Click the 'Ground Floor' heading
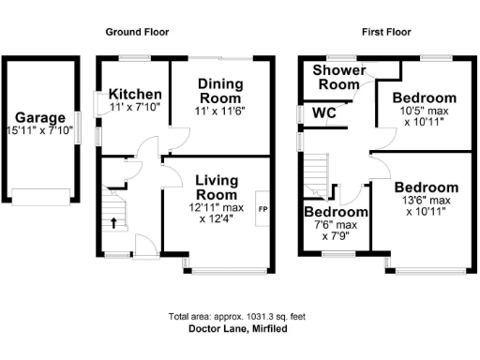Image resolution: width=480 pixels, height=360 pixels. click(136, 32)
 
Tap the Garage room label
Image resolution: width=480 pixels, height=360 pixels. click(39, 118)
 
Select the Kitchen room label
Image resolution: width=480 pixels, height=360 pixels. click(136, 95)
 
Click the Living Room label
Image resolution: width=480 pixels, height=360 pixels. click(217, 187)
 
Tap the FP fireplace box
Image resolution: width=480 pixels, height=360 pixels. click(262, 209)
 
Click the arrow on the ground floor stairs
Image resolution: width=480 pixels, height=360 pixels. click(115, 222)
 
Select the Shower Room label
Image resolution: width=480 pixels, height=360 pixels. click(338, 78)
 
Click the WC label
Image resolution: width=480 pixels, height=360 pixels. click(324, 113)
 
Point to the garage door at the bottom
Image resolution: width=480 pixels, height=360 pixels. click(39, 198)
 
